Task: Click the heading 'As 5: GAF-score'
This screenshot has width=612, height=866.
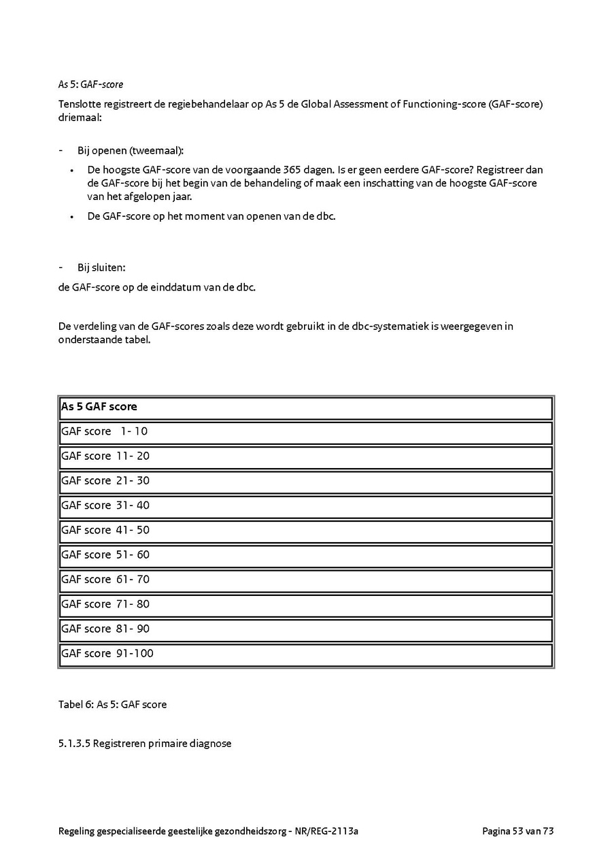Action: coord(90,85)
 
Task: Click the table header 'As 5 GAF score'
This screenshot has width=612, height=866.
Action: coord(99,407)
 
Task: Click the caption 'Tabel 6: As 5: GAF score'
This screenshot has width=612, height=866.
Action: coord(112,705)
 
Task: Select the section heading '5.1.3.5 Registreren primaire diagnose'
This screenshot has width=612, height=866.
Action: coord(145,744)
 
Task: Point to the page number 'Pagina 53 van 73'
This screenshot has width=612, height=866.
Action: coord(518,831)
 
